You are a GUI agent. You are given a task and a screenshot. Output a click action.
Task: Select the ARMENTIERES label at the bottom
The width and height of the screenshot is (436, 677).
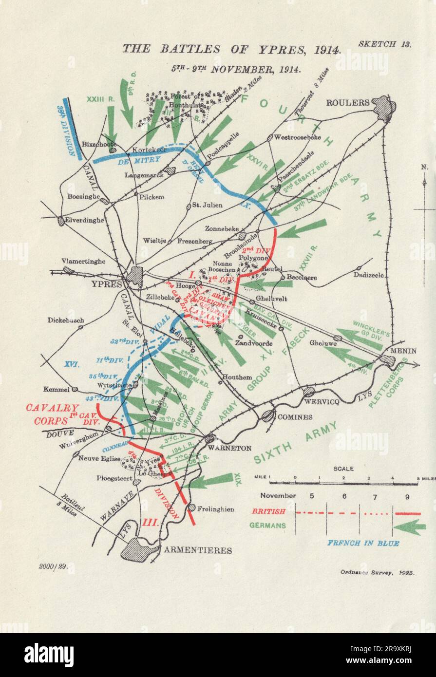pos(198,550)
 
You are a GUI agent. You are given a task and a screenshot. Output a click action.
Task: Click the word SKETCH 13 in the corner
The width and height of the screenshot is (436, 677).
pos(385,43)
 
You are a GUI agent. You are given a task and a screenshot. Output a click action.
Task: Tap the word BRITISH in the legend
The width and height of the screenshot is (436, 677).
pos(267,512)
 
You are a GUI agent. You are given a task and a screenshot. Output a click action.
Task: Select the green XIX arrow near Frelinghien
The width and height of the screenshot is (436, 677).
pos(210,481)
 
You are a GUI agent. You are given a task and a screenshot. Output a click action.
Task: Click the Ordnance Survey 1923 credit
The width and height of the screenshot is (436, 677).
pos(377,573)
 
